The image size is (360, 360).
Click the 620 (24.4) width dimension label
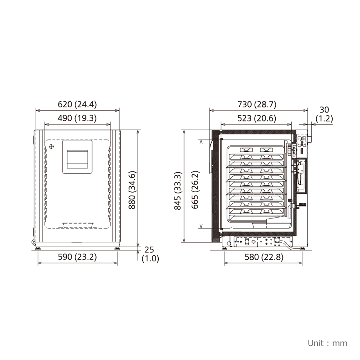77,104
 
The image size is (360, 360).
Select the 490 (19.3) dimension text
77,118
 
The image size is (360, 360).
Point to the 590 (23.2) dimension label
77,257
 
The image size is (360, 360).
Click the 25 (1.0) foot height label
150,254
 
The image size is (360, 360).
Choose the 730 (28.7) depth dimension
257,104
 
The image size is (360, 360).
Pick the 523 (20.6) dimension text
257,118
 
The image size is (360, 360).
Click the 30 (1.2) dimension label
324,114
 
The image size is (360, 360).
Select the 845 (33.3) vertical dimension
178,191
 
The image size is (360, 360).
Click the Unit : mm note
327,343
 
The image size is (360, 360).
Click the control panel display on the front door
77,157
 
